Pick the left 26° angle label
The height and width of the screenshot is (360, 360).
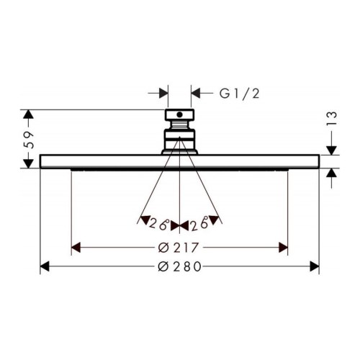coord(160,225)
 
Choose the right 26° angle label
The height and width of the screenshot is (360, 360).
coord(199,225)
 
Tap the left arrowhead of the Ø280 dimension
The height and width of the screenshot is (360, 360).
coord(45,266)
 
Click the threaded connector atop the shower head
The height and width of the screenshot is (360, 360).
coord(179,130)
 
